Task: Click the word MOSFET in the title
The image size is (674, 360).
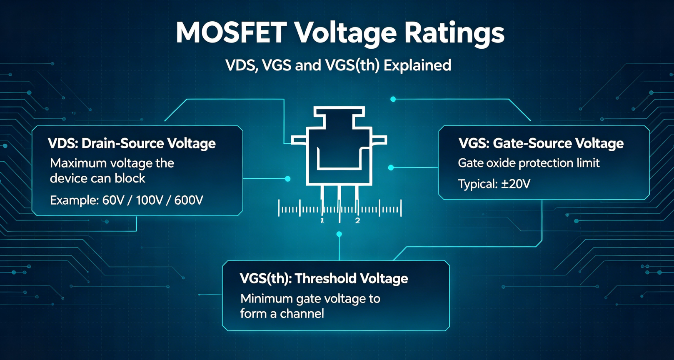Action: (x=231, y=32)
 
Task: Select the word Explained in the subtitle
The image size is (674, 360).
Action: (x=417, y=66)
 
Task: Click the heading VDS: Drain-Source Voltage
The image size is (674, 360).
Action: (x=132, y=143)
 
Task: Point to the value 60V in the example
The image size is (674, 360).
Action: (x=113, y=200)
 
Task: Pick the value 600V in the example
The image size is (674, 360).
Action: (x=189, y=200)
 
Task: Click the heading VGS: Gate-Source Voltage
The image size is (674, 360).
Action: (x=541, y=143)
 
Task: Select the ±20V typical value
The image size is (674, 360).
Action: (x=516, y=184)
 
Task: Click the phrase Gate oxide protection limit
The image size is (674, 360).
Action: (x=529, y=163)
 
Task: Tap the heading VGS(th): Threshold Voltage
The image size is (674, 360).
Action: (x=324, y=279)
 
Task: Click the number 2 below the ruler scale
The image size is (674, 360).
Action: (x=357, y=221)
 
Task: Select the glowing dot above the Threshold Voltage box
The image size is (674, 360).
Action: (x=339, y=234)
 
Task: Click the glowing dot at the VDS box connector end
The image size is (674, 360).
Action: (x=288, y=179)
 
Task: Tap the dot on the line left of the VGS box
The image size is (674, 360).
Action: (x=391, y=167)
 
